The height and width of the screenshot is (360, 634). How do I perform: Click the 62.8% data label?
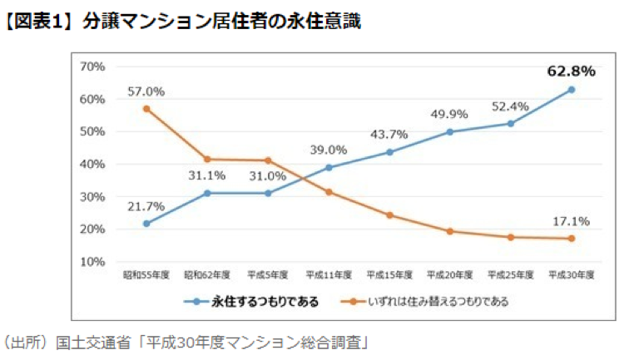[x=572, y=72]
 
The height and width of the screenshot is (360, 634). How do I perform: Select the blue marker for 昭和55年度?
[x=146, y=224]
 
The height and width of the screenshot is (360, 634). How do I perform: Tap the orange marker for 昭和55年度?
[x=146, y=109]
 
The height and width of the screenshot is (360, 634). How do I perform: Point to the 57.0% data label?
[x=146, y=91]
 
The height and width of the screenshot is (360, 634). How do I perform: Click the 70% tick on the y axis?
[x=92, y=67]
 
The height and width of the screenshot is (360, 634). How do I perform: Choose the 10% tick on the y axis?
[x=92, y=262]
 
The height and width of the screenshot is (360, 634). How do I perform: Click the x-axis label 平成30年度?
[x=572, y=274]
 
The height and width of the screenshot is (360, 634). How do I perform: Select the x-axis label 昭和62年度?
[x=207, y=274]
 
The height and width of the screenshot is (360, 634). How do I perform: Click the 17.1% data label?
[x=572, y=221]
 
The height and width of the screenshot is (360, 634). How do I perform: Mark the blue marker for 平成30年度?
[x=572, y=90]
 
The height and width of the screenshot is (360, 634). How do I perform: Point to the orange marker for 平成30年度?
[x=572, y=239]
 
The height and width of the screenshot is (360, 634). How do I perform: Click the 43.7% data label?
[x=389, y=135]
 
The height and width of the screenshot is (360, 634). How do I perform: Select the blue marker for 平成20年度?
[x=450, y=131]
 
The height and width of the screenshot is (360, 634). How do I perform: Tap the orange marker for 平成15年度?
[x=389, y=215]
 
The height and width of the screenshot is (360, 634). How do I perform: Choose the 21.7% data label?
[x=146, y=206]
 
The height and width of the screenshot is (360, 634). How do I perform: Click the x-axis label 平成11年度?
[x=329, y=274]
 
